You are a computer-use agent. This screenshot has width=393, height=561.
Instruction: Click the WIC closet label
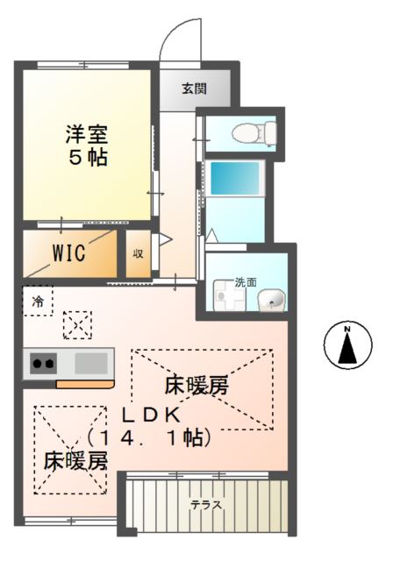point(68,254)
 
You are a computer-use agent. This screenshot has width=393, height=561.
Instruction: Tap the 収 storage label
point(138,254)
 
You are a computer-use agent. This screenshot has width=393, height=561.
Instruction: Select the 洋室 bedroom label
point(85,136)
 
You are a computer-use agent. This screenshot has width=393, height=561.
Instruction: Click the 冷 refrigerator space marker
point(38,301)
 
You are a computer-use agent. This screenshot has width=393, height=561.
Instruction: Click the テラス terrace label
point(207,505)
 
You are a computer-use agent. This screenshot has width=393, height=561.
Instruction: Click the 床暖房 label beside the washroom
point(202,387)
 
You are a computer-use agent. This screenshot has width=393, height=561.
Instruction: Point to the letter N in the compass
point(347,330)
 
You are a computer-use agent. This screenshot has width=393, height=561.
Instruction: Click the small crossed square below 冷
point(76,326)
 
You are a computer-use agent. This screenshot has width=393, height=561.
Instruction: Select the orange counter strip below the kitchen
point(84,384)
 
